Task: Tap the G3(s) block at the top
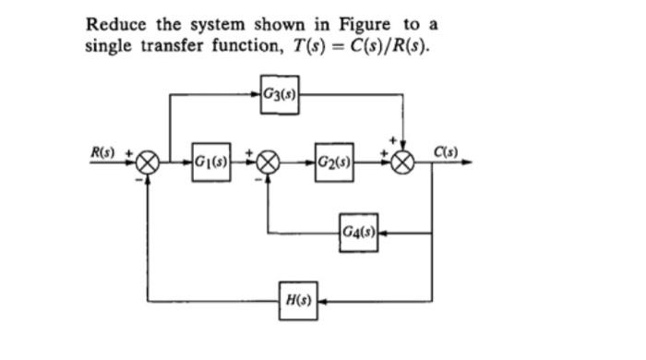click(x=279, y=92)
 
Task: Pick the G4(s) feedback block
click(x=358, y=231)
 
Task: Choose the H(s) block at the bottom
click(x=298, y=301)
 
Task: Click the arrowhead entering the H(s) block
click(x=322, y=301)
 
